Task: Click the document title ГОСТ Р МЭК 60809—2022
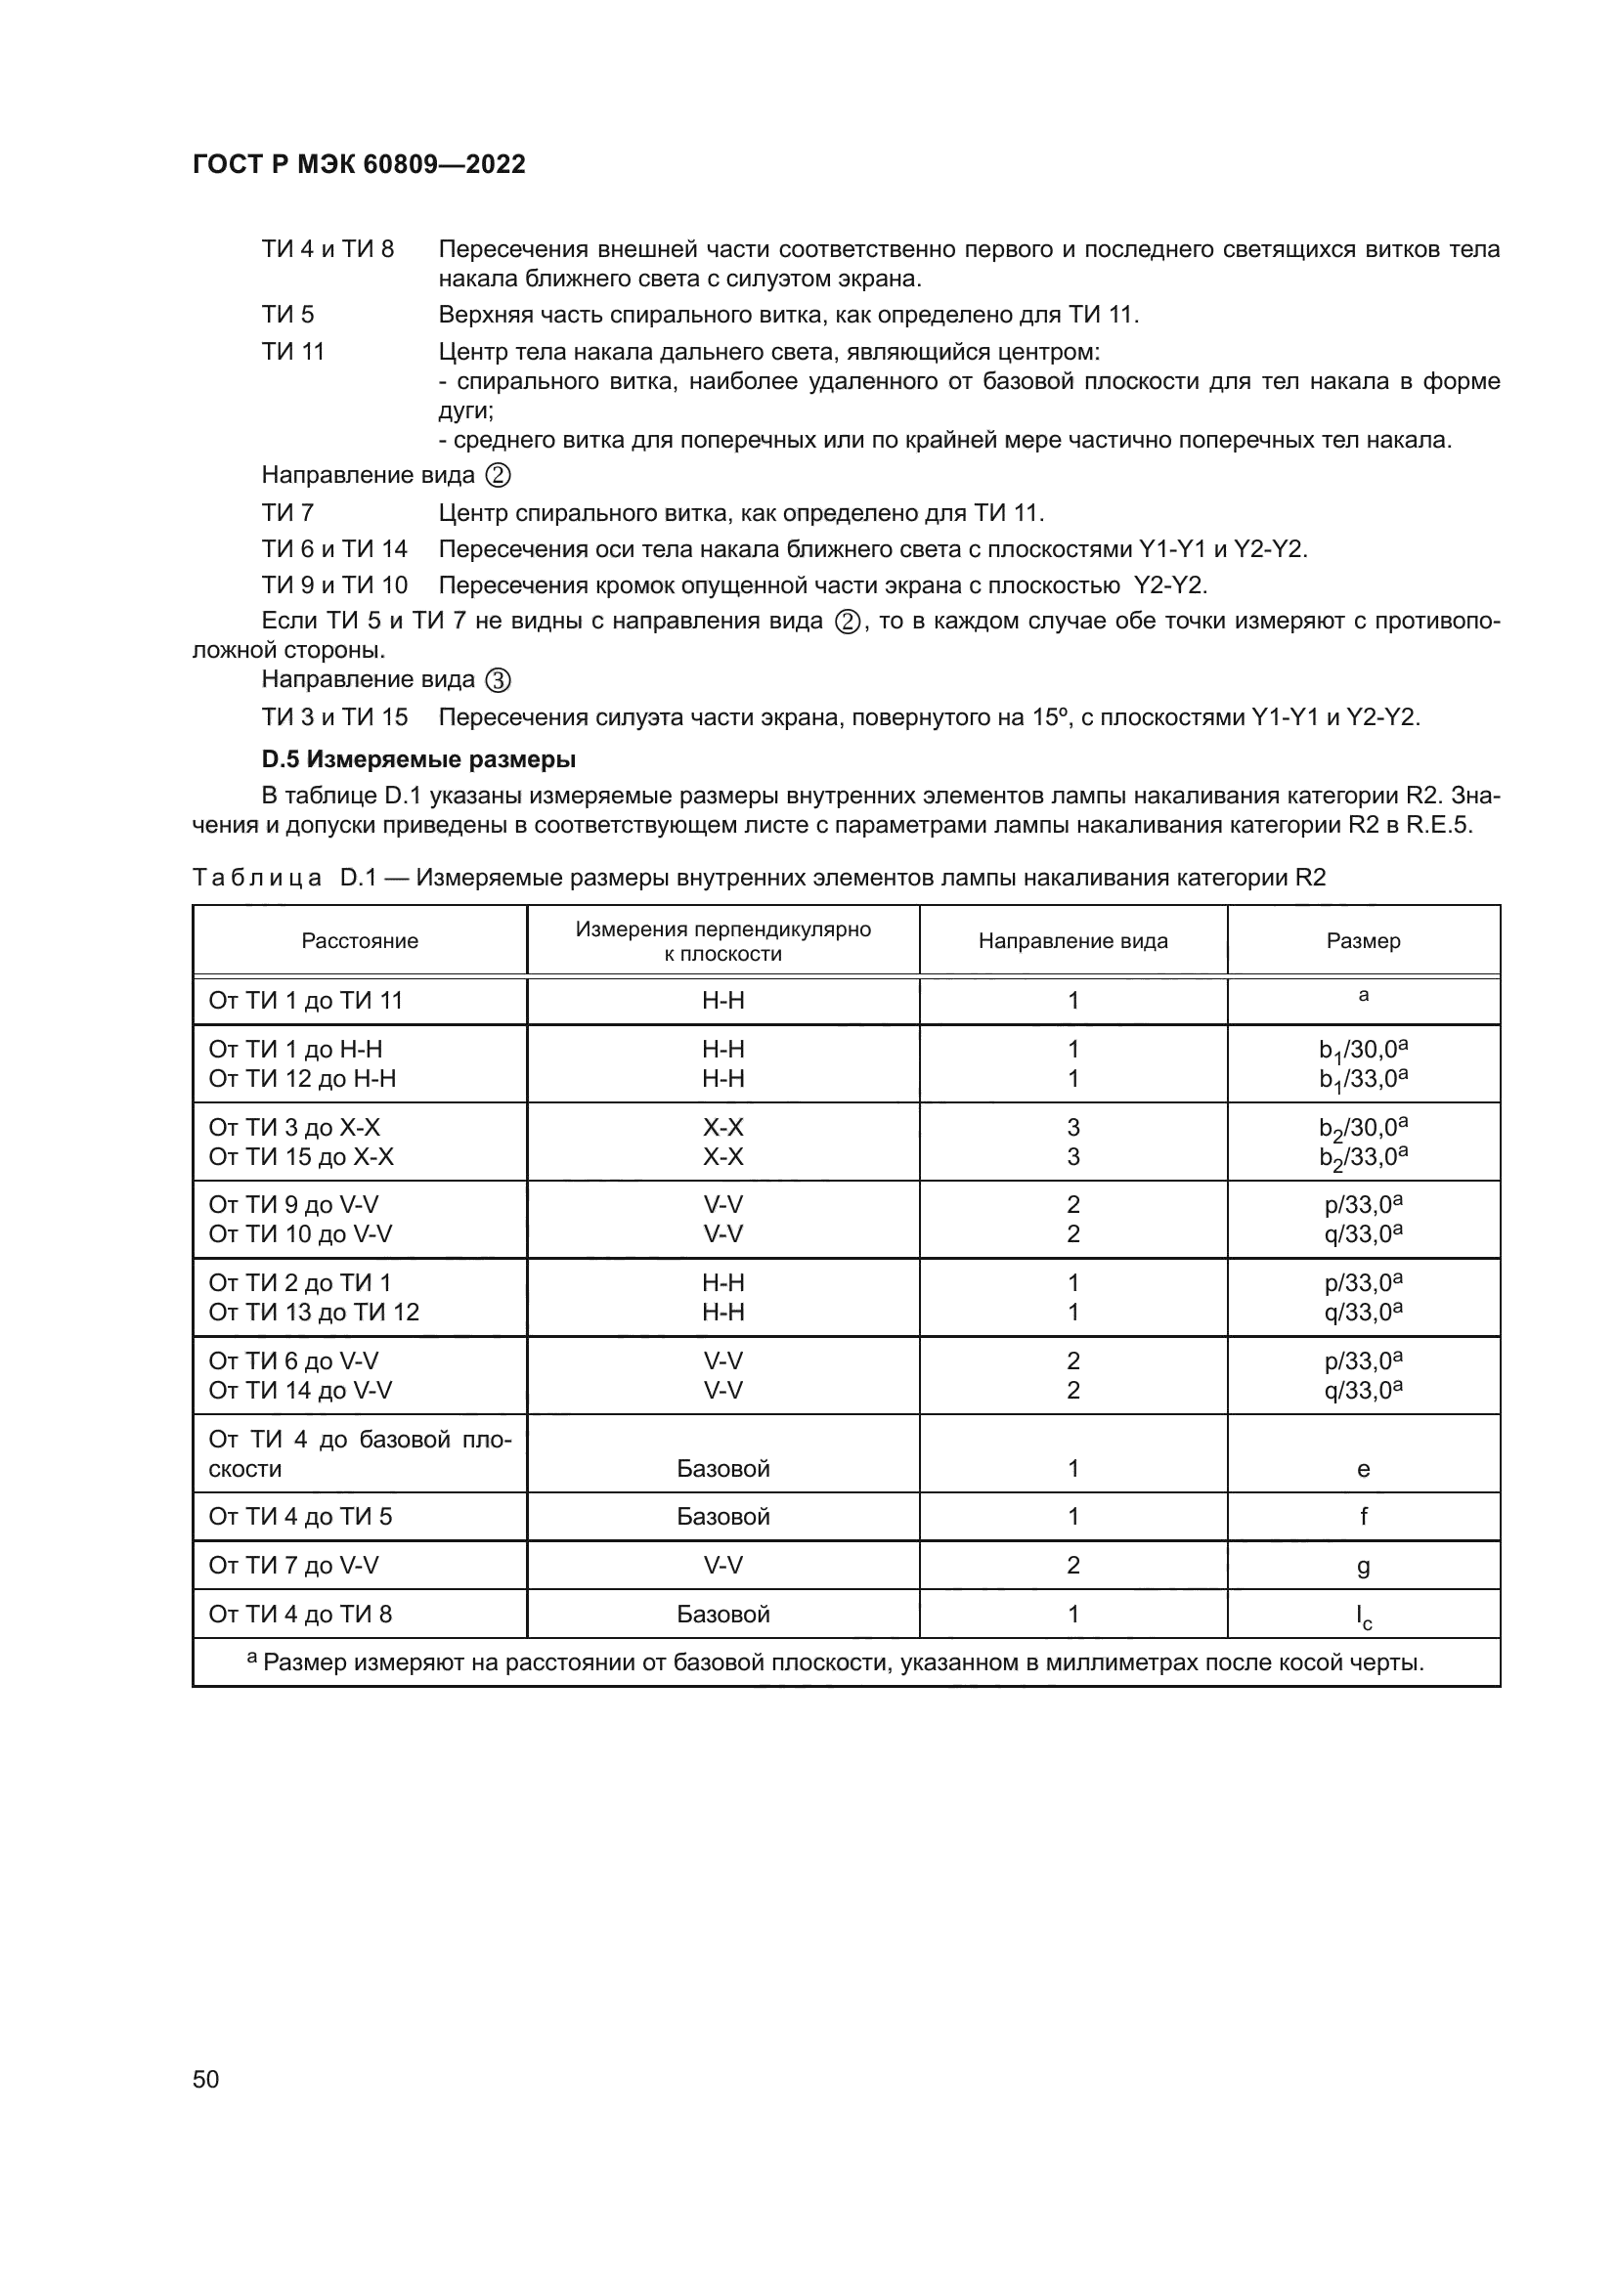(x=359, y=164)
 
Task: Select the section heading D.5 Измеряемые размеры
(x=418, y=759)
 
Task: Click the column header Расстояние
(x=360, y=941)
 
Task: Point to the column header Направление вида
(x=1072, y=941)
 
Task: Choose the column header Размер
(x=1363, y=941)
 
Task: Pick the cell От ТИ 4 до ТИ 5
(x=300, y=1517)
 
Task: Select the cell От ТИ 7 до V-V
(x=292, y=1565)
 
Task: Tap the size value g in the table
(x=1363, y=1566)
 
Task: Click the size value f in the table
(x=1363, y=1517)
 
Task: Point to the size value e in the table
(x=1363, y=1469)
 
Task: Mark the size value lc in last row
(x=1363, y=1616)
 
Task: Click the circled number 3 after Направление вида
(x=498, y=681)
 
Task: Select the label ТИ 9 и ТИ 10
(x=334, y=585)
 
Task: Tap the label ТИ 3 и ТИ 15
(x=334, y=716)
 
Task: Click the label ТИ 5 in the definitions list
(x=287, y=315)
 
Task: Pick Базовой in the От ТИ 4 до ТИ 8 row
(x=722, y=1614)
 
